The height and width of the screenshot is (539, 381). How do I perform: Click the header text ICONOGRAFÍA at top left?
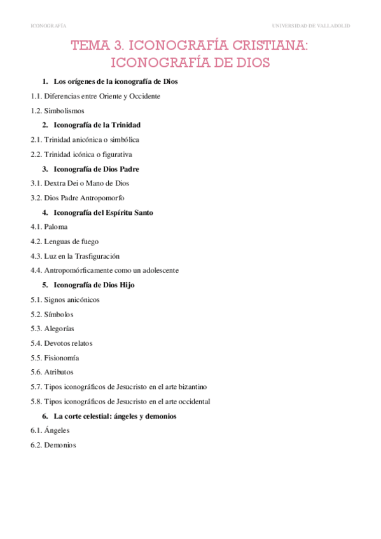click(x=48, y=25)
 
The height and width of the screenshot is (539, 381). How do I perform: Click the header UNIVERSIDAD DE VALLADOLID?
click(x=310, y=25)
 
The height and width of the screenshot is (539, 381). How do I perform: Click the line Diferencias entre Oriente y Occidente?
click(x=102, y=96)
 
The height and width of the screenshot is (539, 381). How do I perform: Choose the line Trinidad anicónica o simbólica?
click(x=92, y=139)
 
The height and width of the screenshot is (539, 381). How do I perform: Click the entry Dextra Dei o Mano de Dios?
click(x=87, y=183)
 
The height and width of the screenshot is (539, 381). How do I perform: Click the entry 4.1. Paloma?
click(x=49, y=227)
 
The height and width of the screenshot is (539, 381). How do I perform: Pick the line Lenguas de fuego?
click(x=71, y=242)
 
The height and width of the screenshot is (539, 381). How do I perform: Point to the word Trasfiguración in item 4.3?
click(x=97, y=256)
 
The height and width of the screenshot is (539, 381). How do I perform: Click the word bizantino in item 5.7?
click(x=191, y=387)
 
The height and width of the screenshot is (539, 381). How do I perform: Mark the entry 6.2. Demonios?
click(x=53, y=446)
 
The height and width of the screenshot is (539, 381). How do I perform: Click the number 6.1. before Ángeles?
click(x=36, y=431)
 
